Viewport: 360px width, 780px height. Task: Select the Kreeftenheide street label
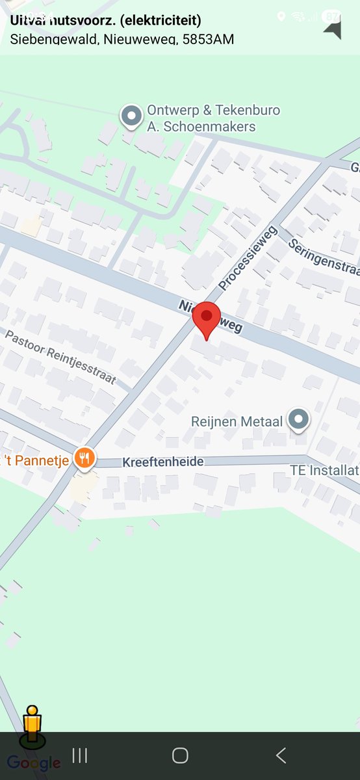pos(163,462)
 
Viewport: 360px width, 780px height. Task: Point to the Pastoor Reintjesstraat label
pos(60,357)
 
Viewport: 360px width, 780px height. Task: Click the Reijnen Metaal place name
pos(237,422)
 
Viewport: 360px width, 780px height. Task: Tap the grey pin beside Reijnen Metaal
pos(299,420)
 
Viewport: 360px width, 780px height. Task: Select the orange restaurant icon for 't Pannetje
pos(84,460)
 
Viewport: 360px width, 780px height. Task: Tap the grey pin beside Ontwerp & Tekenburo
pos(132,117)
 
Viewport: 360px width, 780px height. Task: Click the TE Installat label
pos(324,470)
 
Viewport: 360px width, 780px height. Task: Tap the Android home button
pos(180,755)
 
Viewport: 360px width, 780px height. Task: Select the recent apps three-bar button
pos(79,755)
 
